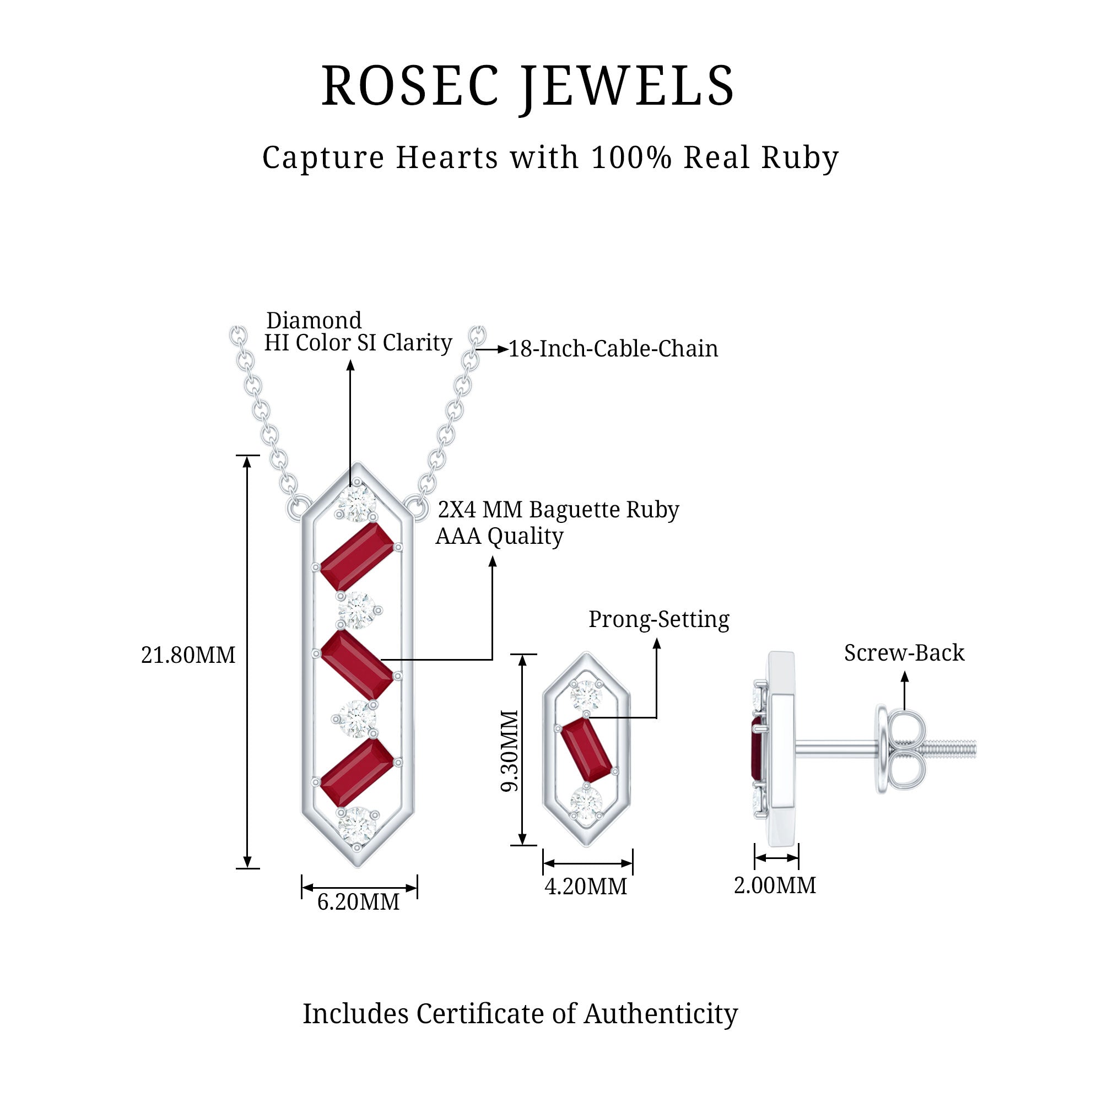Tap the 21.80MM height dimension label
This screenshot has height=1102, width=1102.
188,655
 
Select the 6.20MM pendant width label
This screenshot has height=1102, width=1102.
358,902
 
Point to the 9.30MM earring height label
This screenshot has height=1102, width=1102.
509,750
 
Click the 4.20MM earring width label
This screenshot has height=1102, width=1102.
586,887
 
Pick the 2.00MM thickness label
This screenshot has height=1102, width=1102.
775,885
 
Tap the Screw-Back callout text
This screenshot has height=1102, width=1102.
904,652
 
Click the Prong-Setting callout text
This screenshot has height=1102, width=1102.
659,619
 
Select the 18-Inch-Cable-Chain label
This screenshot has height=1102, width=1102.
613,349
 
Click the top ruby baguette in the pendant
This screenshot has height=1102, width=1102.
356,557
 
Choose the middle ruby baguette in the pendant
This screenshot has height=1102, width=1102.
356,665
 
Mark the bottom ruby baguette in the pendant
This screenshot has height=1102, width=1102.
356,773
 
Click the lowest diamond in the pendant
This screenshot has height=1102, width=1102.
357,825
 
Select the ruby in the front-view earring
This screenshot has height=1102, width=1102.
586,749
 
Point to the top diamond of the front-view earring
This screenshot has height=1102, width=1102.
586,695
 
